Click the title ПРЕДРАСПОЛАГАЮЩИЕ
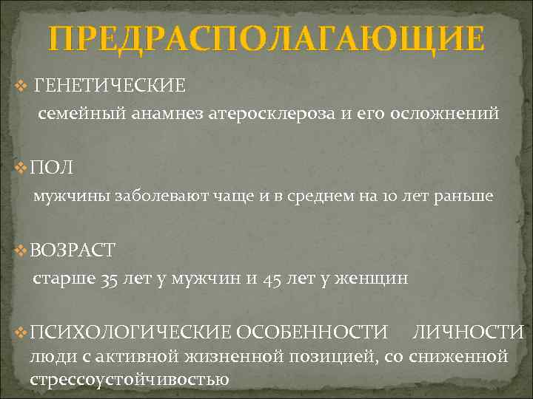tap(266, 38)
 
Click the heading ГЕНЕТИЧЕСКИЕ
tap(110, 86)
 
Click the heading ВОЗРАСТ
tap(73, 250)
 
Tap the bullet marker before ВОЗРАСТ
tap(20, 250)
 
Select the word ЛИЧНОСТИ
tap(468, 332)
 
